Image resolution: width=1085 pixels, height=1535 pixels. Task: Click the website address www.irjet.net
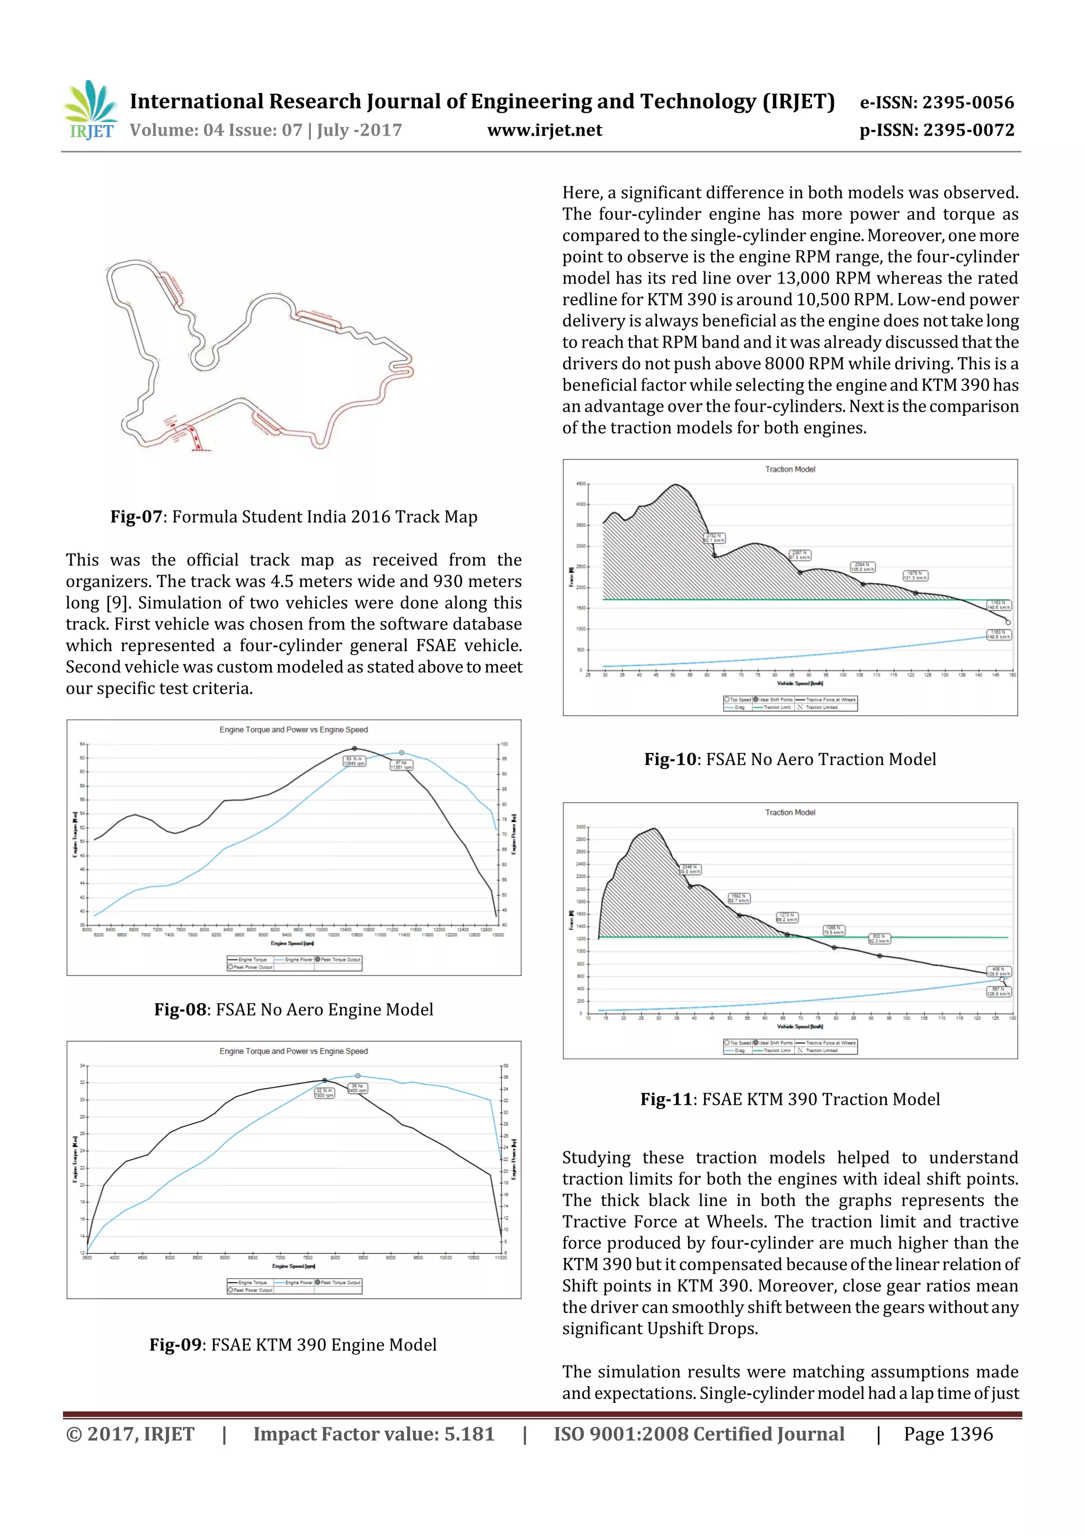(x=544, y=130)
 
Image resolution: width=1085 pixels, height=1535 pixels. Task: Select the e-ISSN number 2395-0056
(x=968, y=102)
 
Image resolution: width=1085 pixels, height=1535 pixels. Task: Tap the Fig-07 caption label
(x=136, y=517)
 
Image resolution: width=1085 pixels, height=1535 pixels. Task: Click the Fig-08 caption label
(x=180, y=1009)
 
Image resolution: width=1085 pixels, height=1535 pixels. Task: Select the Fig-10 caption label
(x=671, y=759)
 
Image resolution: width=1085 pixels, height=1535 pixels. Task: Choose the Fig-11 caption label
(x=666, y=1100)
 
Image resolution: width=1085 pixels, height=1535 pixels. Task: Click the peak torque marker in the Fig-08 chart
(x=354, y=749)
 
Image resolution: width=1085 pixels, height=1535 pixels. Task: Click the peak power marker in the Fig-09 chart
(x=358, y=1076)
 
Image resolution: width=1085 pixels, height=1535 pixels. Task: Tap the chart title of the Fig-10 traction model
(x=790, y=469)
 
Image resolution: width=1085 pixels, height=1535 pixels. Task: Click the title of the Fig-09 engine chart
(x=294, y=1051)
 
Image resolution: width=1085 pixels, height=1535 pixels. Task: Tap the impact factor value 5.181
(x=469, y=1434)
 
